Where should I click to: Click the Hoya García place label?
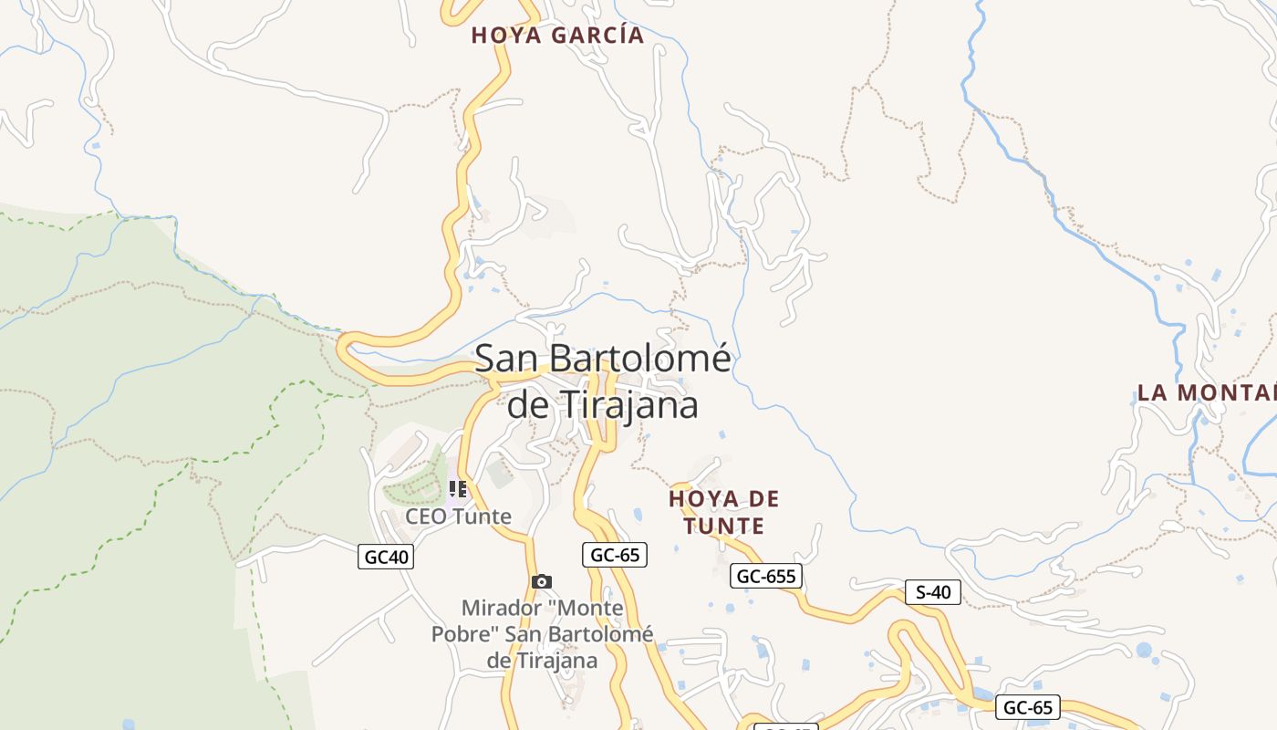click(557, 36)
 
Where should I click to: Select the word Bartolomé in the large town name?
click(642, 359)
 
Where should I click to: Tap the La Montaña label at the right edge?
click(1206, 393)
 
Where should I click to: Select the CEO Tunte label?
click(458, 516)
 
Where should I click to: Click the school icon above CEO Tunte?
click(458, 490)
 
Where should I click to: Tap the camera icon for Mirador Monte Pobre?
click(542, 581)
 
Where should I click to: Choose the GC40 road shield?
click(386, 557)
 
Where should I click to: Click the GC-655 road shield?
click(766, 576)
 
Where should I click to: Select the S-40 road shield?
click(932, 592)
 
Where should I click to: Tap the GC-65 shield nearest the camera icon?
click(614, 554)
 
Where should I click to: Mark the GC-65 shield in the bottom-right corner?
click(1028, 707)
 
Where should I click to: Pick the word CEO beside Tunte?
click(425, 516)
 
